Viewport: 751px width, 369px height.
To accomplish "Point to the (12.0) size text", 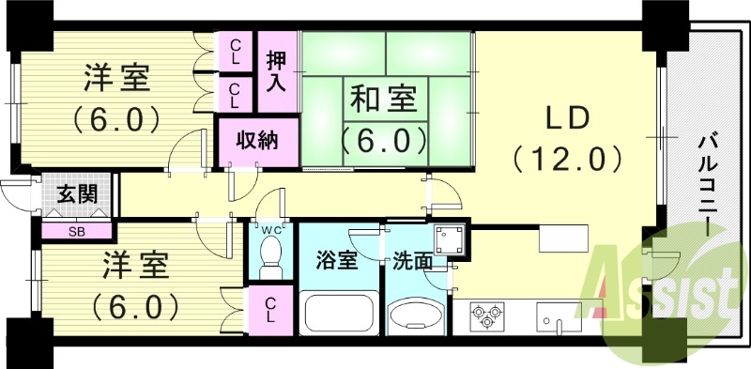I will (567, 157).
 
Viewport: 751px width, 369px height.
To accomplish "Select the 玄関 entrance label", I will (76, 195).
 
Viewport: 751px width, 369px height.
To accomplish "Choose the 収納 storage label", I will (255, 142).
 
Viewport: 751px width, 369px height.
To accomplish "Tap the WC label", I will (270, 227).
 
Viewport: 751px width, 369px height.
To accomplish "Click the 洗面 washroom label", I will (412, 260).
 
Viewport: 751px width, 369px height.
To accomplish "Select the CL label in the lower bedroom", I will (269, 311).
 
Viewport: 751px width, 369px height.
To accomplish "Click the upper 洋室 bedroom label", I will (117, 78).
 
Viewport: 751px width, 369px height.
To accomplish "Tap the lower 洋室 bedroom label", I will (136, 266).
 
